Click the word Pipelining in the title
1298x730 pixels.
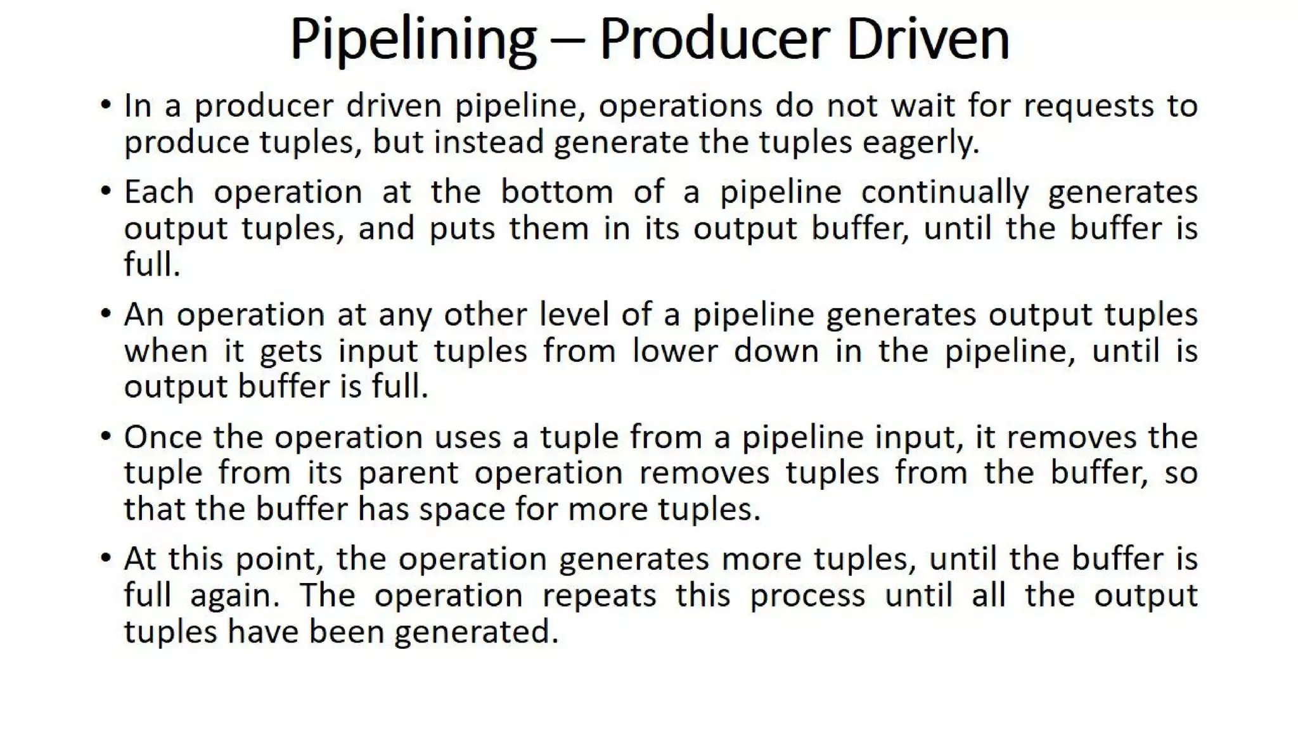click(413, 39)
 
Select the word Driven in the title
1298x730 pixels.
click(927, 39)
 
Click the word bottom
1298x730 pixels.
click(556, 191)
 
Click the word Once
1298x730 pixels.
click(162, 437)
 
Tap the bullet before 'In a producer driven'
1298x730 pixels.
click(106, 105)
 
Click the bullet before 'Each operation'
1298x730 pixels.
click(106, 191)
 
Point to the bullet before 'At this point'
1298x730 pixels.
click(106, 558)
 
